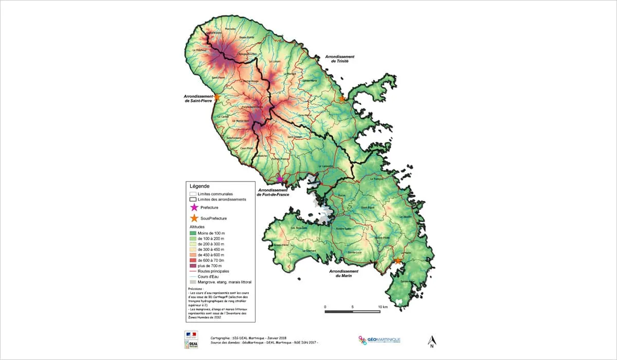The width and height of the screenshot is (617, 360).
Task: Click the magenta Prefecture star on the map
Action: coord(280,179)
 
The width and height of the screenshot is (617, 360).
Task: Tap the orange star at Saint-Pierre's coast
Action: coord(217,97)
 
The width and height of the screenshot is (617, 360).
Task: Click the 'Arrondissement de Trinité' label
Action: coord(340,59)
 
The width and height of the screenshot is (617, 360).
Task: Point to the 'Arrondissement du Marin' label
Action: coord(343,274)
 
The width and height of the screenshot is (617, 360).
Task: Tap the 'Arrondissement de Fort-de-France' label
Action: coord(272,192)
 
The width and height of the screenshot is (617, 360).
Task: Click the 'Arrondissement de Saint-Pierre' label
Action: coord(198,99)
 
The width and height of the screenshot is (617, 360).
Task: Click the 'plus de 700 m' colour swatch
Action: coord(193,266)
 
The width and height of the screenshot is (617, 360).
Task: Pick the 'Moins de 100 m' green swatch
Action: coord(193,233)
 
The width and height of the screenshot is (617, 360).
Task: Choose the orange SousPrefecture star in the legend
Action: coord(194,218)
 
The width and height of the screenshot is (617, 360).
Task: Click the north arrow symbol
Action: coord(432,341)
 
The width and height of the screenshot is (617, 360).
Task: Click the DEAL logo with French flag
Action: coord(191,340)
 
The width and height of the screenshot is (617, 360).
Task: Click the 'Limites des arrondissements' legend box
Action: coord(193,200)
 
